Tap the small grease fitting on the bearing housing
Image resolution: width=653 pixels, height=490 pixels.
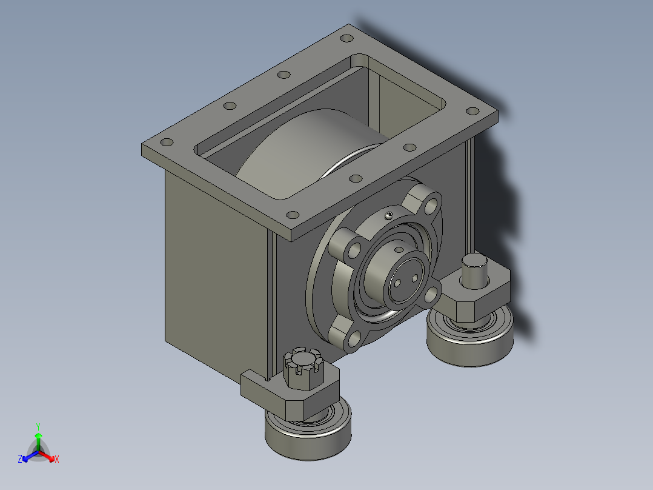[x=389, y=215]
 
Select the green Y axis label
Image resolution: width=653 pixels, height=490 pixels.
[x=38, y=426]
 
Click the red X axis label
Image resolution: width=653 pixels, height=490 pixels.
[x=57, y=459]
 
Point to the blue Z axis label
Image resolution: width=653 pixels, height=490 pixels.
[x=20, y=459]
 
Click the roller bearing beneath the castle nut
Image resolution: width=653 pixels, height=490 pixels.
[x=308, y=434]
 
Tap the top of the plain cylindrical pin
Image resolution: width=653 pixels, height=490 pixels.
[x=474, y=261]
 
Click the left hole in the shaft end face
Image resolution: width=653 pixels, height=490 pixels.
[x=397, y=284]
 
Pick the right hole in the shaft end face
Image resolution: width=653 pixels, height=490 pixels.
[x=414, y=278]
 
